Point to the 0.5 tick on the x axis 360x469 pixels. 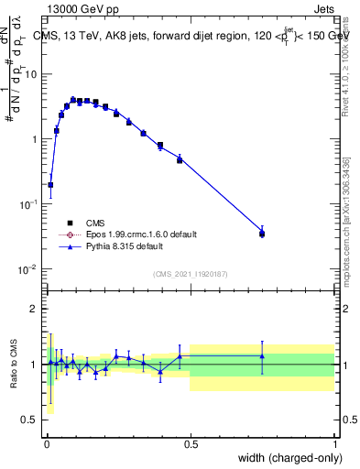[x=191, y=435]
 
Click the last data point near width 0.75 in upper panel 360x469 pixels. [x=262, y=234]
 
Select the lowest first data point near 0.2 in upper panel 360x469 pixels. [x=50, y=185]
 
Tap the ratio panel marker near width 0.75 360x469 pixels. [x=262, y=356]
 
